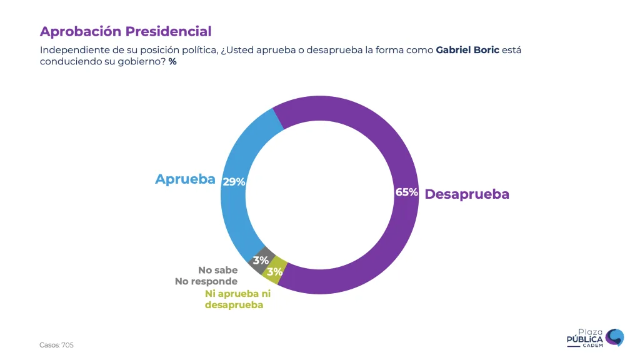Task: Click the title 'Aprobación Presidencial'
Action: point(126,31)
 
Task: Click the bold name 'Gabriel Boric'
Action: point(467,50)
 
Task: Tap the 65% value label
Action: point(406,192)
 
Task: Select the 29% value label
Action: point(234,182)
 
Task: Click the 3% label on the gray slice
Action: point(261,260)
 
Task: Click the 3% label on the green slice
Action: point(274,272)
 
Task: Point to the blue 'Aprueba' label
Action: point(185,179)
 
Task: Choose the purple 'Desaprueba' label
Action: point(467,194)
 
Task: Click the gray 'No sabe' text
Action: point(217,270)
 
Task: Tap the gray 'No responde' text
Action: point(206,281)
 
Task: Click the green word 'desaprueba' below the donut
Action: point(234,305)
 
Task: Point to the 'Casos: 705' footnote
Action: point(56,345)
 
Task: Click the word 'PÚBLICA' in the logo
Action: point(584,339)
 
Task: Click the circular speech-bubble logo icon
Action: point(614,337)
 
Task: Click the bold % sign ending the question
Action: point(172,62)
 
